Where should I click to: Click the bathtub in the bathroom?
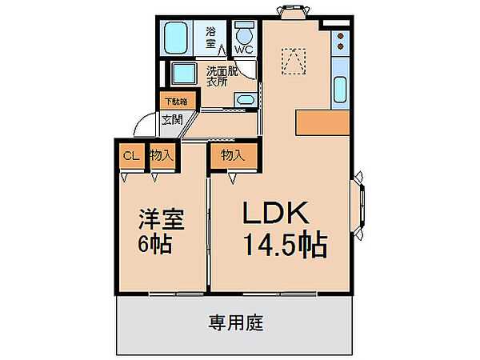pos(175,38)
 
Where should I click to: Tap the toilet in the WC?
pos(244,33)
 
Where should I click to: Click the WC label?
pos(244,50)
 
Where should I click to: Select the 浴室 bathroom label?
pos(210,38)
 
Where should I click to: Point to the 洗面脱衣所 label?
pos(222,76)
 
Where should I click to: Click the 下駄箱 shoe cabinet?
pos(178,101)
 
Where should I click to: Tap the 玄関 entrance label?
pos(172,119)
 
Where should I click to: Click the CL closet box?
pos(131,156)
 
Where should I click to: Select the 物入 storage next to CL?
pos(162,156)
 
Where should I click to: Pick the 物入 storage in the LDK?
pos(234,156)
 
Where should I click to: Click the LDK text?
pos(275,213)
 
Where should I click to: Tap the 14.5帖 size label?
pos(285,244)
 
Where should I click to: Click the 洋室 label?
pos(162,219)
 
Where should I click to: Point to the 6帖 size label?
pos(154,244)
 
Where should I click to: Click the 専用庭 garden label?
pos(236,322)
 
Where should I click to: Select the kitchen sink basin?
pos(340,90)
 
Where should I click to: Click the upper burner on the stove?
pos(340,36)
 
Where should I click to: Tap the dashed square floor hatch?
pos(294,62)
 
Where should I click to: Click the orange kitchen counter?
pos(322,122)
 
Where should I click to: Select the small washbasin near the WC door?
pos(246,99)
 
